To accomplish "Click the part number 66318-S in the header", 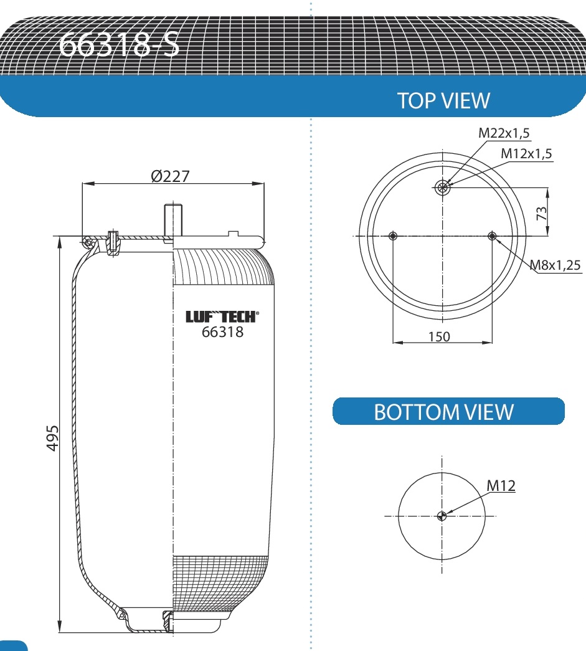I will (118, 44).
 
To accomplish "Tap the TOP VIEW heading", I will (443, 101).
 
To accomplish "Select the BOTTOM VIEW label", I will (443, 412).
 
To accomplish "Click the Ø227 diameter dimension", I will (170, 176).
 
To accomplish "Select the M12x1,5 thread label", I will (527, 153).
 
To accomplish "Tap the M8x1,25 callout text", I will (556, 265).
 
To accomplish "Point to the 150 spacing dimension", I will (439, 337).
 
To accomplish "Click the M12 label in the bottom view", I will (501, 485).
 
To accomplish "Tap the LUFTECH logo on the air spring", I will (222, 317).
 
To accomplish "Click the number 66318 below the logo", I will (222, 332).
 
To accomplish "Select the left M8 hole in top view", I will (392, 235).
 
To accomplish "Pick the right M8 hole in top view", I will (493, 235).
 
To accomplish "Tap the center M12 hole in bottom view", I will (442, 515).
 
